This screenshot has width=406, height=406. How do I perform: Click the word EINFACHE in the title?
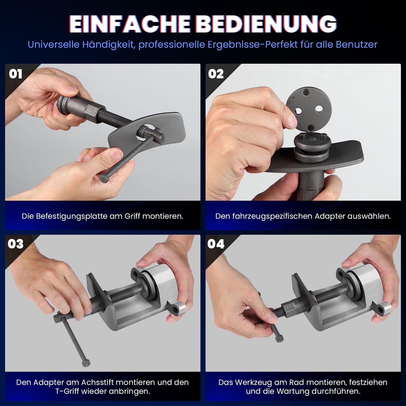coord(130,24)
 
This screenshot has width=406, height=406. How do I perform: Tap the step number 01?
coord(15,74)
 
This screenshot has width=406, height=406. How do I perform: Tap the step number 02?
coord(216,74)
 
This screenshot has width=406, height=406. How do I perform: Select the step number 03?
coord(15,244)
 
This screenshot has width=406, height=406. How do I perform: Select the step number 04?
coord(216,244)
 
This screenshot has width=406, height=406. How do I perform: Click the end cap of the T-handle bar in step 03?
coord(86,364)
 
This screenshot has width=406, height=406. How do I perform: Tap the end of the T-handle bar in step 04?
coord(279,338)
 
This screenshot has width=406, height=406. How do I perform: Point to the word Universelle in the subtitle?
coord(54,45)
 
